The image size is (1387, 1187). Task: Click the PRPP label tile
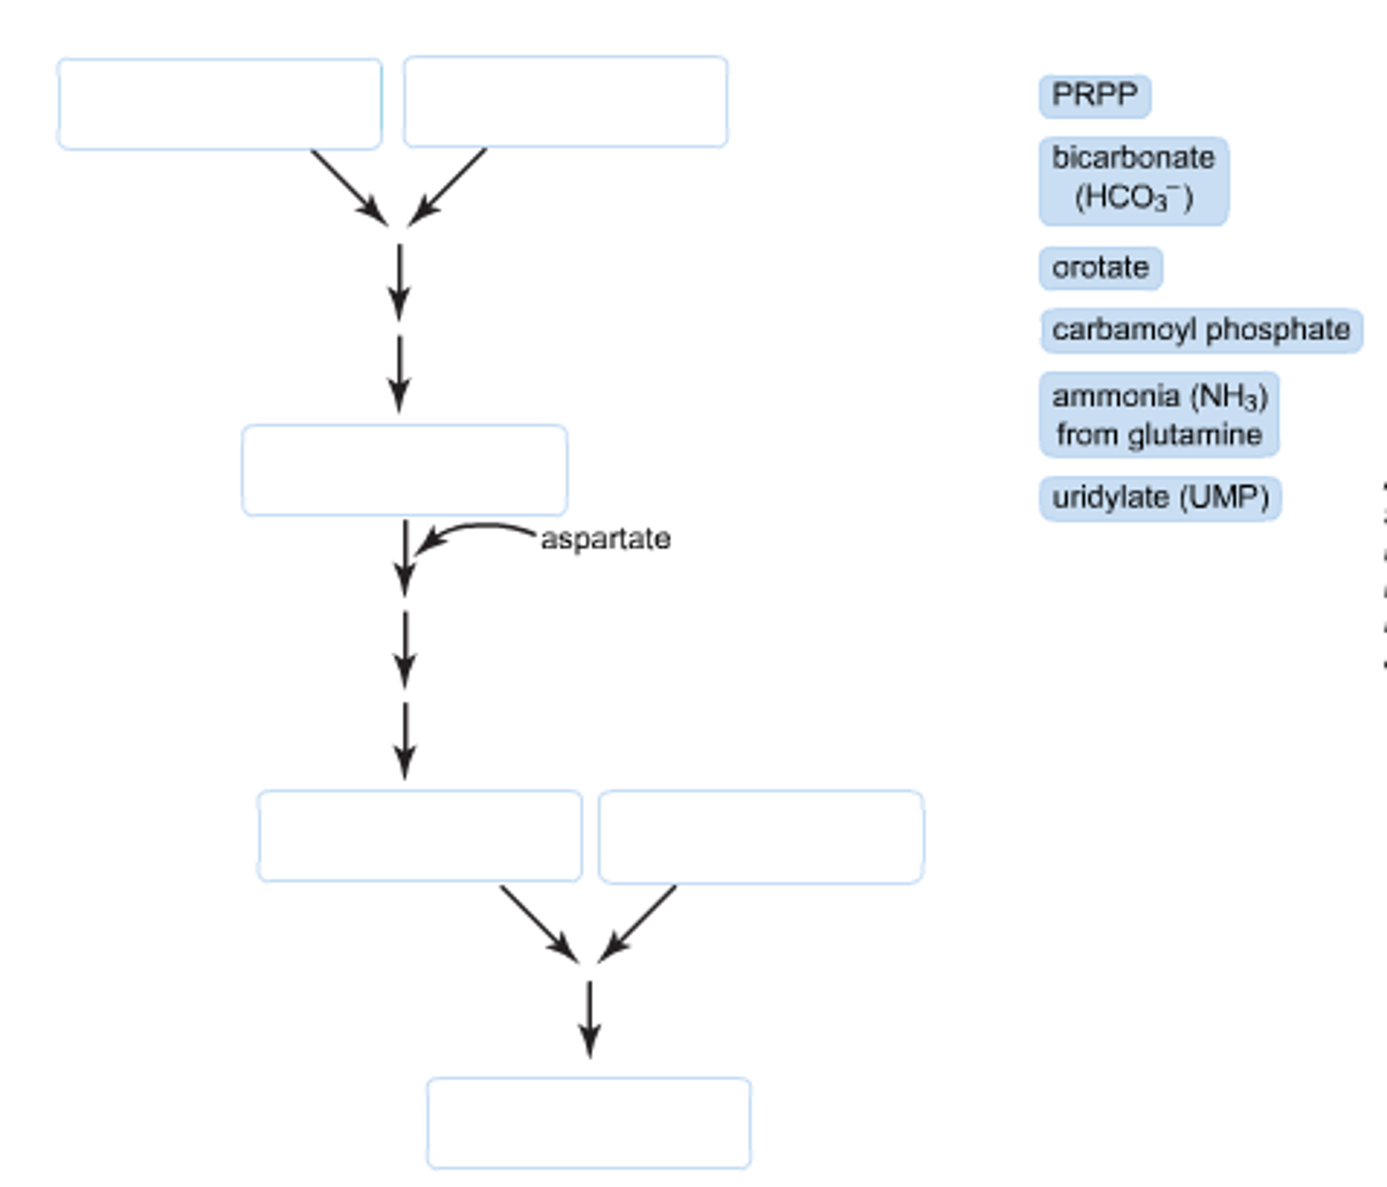click(x=1094, y=96)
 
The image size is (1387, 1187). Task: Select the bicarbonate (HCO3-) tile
click(x=1133, y=180)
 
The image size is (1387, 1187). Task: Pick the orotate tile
click(x=1100, y=268)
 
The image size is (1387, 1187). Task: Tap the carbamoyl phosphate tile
click(x=1201, y=330)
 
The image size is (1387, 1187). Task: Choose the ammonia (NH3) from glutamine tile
click(x=1159, y=415)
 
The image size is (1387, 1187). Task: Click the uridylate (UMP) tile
click(x=1160, y=498)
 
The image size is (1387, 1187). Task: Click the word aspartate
click(x=605, y=539)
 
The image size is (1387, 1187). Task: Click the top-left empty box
click(x=220, y=104)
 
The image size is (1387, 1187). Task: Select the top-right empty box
click(x=565, y=102)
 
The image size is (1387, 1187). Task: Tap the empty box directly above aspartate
click(x=405, y=470)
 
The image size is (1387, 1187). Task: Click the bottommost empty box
click(x=588, y=1123)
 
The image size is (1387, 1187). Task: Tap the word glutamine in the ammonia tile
click(x=1194, y=435)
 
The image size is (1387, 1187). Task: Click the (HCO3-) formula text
click(x=1133, y=199)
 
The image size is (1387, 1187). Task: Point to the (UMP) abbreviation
click(x=1224, y=498)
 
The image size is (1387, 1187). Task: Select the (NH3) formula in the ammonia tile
click(x=1229, y=397)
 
